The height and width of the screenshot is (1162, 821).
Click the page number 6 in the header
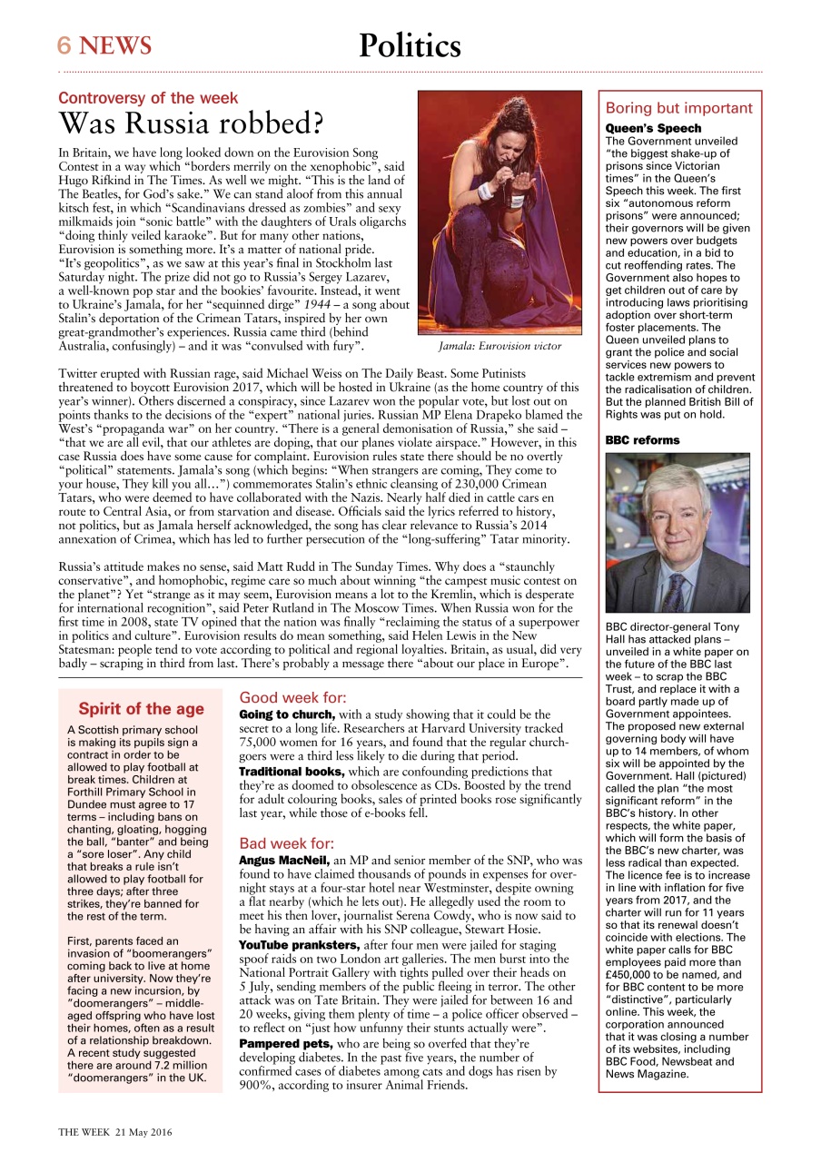(65, 45)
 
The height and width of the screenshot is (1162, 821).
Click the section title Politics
(410, 45)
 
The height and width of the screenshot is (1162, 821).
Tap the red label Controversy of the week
(148, 98)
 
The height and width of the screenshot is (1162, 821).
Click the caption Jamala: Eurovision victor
(500, 346)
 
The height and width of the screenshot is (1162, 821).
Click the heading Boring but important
(678, 108)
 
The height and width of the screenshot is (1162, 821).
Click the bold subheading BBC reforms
(642, 440)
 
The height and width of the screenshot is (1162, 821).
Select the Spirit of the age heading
(141, 709)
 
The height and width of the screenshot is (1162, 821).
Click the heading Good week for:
(292, 698)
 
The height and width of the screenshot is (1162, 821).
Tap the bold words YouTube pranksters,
(299, 945)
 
